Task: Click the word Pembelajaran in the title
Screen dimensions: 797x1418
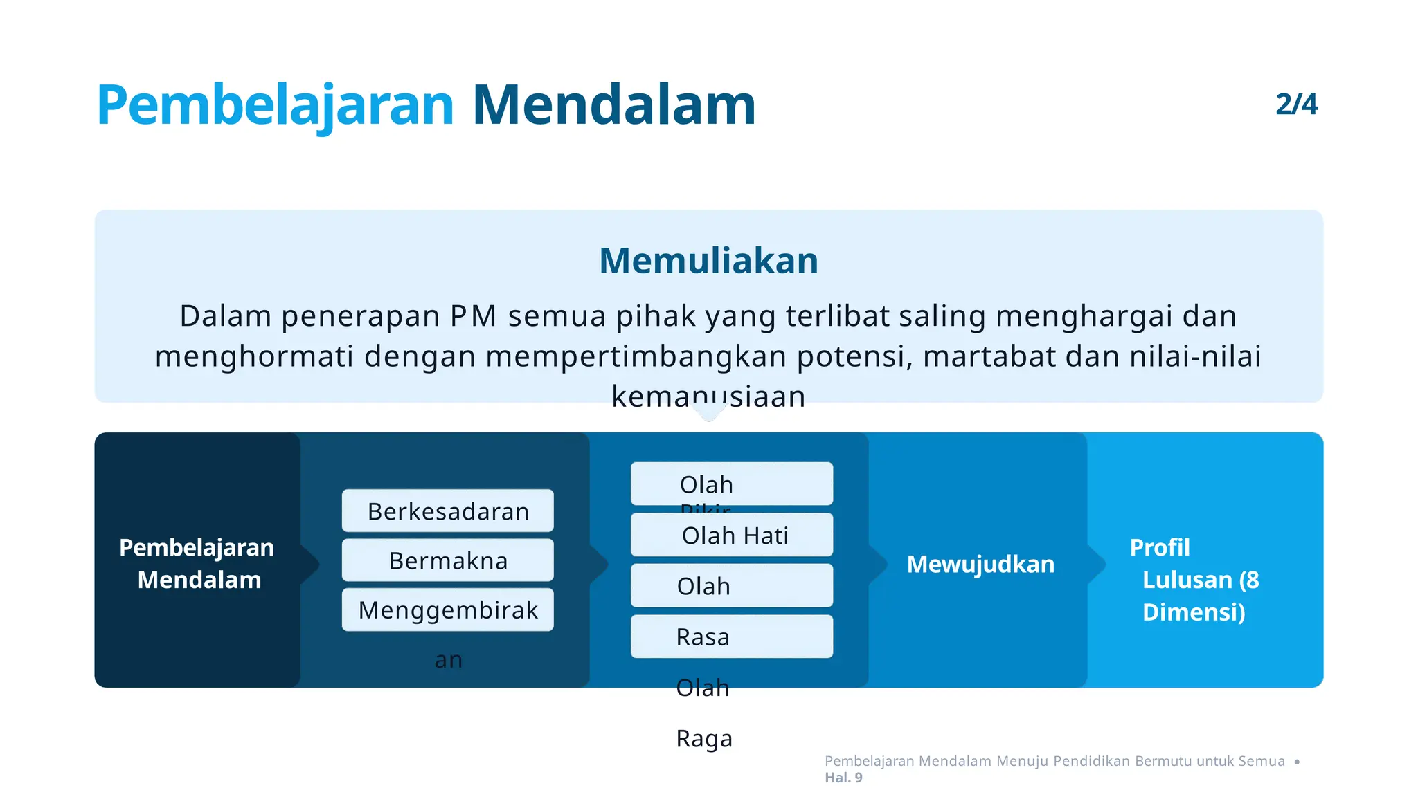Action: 275,105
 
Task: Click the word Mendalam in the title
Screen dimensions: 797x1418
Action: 613,105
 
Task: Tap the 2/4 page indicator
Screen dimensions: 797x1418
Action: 1296,104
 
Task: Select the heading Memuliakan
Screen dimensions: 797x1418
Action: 708,261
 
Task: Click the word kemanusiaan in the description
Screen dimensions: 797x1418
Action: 708,396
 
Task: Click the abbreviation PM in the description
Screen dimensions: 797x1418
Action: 473,316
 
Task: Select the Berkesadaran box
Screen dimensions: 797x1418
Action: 448,511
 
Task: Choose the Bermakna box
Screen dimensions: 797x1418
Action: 448,560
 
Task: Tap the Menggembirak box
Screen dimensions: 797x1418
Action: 448,610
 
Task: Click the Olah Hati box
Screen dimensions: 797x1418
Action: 733,535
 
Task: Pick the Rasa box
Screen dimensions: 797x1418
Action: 731,636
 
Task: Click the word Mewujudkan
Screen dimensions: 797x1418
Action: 980,565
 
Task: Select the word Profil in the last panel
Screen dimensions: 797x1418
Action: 1160,548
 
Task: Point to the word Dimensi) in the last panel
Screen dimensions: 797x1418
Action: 1194,612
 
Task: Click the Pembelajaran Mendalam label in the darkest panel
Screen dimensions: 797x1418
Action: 197,563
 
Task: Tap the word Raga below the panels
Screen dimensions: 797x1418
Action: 704,738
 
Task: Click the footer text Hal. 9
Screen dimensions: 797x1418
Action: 843,778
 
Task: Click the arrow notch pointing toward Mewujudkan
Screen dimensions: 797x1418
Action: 878,564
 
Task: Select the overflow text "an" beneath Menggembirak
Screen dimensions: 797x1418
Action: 448,660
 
